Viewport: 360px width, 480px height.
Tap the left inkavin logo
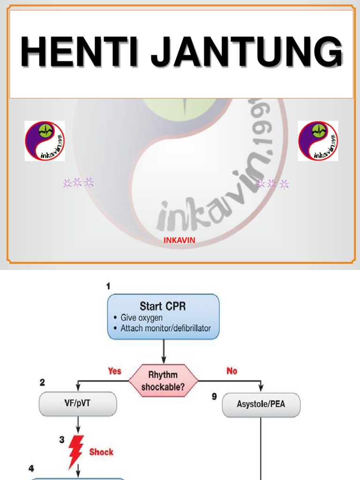[x=45, y=141]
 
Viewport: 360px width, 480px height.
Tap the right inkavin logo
[x=318, y=141]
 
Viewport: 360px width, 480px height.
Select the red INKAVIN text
[x=179, y=240]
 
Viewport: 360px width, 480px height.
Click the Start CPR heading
[x=163, y=307]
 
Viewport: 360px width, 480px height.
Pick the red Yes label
[x=114, y=371]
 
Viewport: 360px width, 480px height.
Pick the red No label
[x=232, y=371]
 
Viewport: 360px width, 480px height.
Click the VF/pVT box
[x=78, y=404]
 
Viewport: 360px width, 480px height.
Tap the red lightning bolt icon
[x=76, y=451]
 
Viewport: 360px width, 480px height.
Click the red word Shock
[x=101, y=452]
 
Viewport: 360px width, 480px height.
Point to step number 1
[x=108, y=285]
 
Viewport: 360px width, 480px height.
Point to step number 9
[x=214, y=397]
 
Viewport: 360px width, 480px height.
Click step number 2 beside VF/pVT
[x=42, y=382]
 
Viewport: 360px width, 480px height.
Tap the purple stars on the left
[x=78, y=183]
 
